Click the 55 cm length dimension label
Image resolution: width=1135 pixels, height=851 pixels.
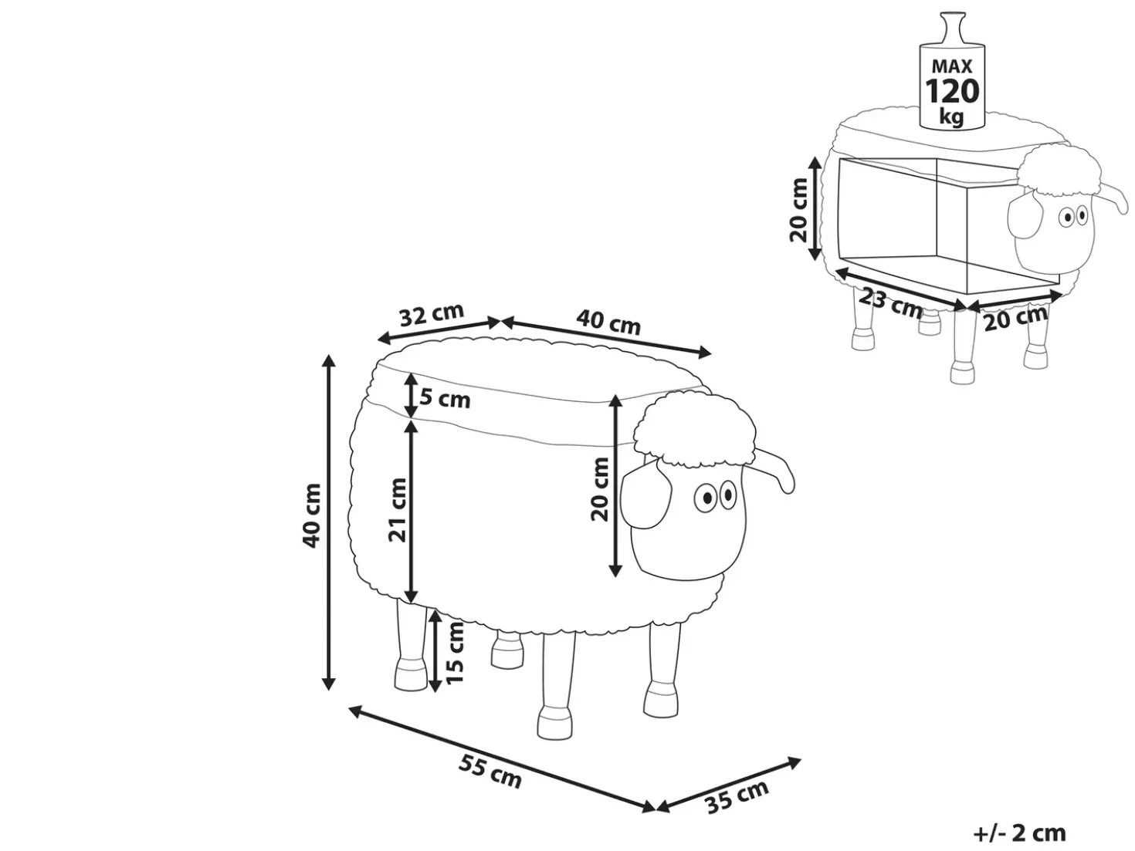click(x=490, y=772)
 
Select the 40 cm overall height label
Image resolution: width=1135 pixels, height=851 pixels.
click(x=311, y=515)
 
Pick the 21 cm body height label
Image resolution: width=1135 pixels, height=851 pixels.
click(x=398, y=511)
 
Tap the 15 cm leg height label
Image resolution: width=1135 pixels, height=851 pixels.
click(x=454, y=653)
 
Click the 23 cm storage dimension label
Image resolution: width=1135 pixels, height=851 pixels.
click(x=890, y=303)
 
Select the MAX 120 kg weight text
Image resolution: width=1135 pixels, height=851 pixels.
click(x=952, y=93)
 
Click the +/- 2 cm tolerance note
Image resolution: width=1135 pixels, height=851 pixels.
click(x=1020, y=833)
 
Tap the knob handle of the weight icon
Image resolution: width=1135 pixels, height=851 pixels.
click(x=951, y=30)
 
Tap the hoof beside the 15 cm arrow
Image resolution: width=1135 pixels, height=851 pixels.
click(x=411, y=674)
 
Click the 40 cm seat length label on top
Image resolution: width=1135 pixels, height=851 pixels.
click(x=608, y=323)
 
